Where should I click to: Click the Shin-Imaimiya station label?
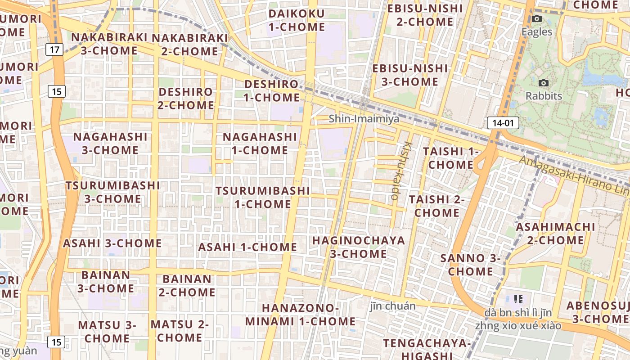click(364, 119)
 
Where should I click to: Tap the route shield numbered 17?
click(54, 49)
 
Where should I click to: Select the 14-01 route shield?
click(503, 123)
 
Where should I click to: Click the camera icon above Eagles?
click(536, 19)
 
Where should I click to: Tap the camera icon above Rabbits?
click(544, 83)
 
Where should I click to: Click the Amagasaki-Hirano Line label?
click(574, 176)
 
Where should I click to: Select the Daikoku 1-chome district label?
click(297, 20)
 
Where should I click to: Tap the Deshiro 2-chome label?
click(186, 99)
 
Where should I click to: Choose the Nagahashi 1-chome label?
click(260, 144)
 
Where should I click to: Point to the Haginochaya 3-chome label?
click(358, 247)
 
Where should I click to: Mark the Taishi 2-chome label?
click(436, 206)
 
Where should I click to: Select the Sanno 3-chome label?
click(470, 265)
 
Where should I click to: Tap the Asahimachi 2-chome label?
click(555, 234)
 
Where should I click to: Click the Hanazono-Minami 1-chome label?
click(301, 315)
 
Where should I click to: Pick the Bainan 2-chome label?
click(187, 286)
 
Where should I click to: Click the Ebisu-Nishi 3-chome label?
click(409, 75)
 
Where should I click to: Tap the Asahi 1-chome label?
click(247, 247)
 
